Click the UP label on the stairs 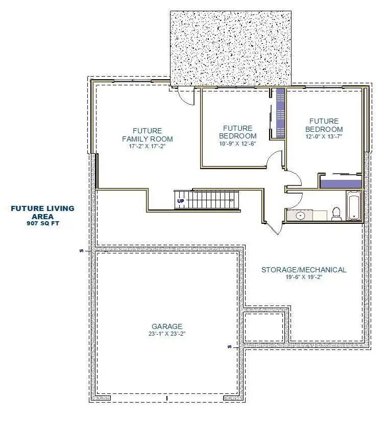[181, 201]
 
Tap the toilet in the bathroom [336, 214]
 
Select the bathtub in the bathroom [354, 205]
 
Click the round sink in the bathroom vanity [300, 215]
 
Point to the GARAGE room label [167, 326]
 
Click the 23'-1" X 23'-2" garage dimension [167, 334]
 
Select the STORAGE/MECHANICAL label [304, 270]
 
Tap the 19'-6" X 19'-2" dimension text [304, 277]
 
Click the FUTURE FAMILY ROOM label [148, 135]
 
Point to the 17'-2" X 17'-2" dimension [147, 147]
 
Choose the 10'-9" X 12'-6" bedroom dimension [237, 144]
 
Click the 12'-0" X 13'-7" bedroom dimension [324, 136]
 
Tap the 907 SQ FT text [43, 223]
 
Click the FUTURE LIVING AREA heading [43, 213]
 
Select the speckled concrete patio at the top [231, 49]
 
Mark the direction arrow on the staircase [231, 200]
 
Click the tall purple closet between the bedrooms [280, 113]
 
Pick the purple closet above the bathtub [341, 184]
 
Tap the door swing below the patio [186, 96]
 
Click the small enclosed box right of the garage [263, 327]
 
